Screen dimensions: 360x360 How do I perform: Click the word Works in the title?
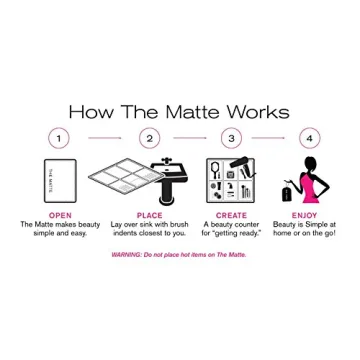(x=258, y=112)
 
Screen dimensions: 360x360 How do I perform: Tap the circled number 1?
(x=59, y=138)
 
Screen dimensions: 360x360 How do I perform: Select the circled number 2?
(x=149, y=138)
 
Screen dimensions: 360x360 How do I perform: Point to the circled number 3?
(x=232, y=138)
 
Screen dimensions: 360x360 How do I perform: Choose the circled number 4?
(x=309, y=138)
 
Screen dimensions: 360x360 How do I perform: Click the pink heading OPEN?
(x=60, y=214)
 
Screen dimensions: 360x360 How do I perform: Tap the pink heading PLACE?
(x=149, y=214)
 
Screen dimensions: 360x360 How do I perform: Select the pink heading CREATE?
(x=231, y=214)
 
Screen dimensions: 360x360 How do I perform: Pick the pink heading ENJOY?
(x=304, y=214)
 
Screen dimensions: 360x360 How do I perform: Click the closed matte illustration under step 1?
(x=60, y=180)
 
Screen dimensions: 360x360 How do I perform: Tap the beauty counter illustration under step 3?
(x=231, y=180)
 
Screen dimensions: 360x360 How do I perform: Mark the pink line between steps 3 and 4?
(x=271, y=138)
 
